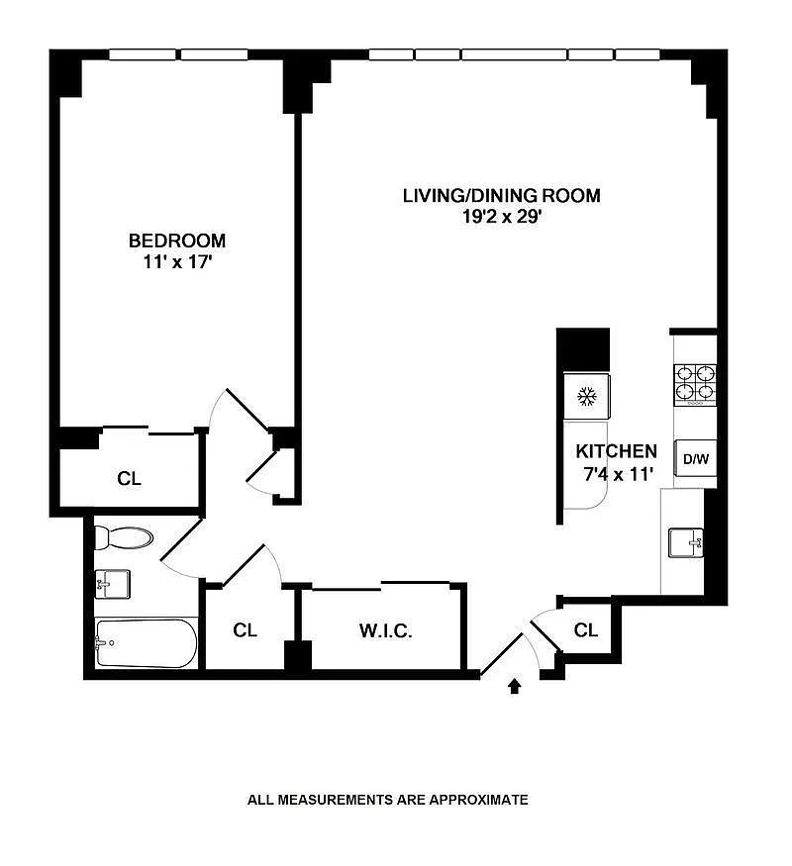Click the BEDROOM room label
pos(177,241)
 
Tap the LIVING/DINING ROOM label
pos(501,196)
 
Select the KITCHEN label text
pos(617,451)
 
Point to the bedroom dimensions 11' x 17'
pos(178,262)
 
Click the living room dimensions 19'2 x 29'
pos(501,216)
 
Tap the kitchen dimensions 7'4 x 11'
pos(619,474)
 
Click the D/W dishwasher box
pos(696,458)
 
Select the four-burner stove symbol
pos(695,385)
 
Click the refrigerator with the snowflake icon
pos(586,396)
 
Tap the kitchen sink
pos(685,542)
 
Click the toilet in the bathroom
pos(123,537)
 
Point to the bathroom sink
pos(112,584)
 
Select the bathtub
pos(146,643)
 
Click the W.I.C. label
pos(385,630)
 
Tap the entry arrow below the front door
pos(515,686)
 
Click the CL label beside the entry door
pos(585,629)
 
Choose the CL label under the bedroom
pos(130,478)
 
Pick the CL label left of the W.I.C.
pos(245,629)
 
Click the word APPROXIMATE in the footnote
pos(479,799)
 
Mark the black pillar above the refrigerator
pos(583,349)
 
